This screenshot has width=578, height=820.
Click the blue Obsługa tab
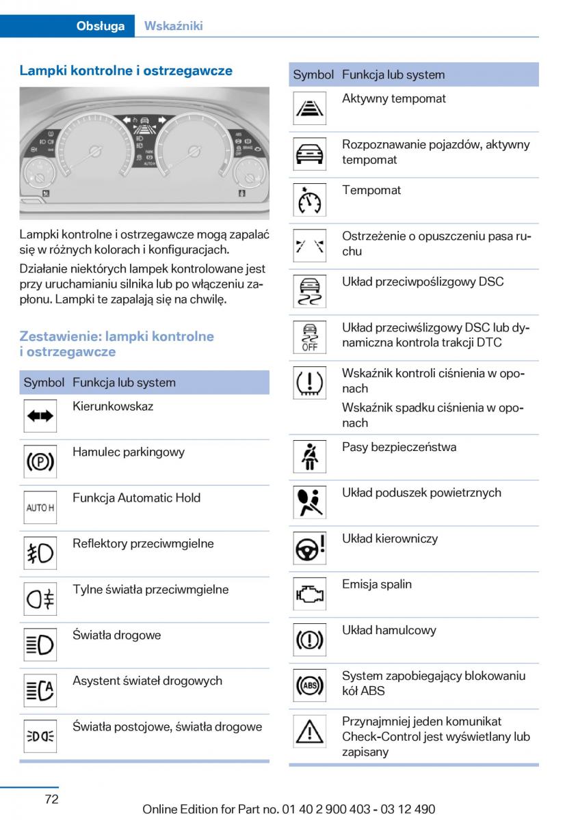tap(101, 26)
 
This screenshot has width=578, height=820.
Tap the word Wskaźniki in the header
tap(173, 26)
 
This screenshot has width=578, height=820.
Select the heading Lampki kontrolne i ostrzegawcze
tap(126, 70)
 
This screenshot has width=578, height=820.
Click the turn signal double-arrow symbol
tap(40, 416)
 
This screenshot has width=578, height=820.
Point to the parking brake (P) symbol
tap(40, 462)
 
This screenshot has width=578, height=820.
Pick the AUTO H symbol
tap(40, 508)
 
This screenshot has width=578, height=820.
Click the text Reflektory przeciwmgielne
tap(143, 544)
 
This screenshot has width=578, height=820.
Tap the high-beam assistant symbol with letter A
tap(40, 691)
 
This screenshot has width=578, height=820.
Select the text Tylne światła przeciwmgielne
tap(150, 590)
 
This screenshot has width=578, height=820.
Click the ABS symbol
tap(309, 685)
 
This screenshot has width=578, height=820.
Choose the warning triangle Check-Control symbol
tap(309, 732)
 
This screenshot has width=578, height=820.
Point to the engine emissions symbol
tap(309, 594)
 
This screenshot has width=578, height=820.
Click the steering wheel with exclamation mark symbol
tap(309, 548)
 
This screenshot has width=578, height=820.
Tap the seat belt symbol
tap(309, 456)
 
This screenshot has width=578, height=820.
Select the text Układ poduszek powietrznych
tap(421, 493)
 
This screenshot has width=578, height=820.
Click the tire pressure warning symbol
tap(309, 383)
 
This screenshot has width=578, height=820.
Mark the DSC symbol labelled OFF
tap(309, 337)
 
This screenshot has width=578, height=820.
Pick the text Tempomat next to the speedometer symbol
tap(371, 190)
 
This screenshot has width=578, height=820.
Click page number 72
tap(51, 799)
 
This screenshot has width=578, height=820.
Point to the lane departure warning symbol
tap(309, 245)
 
